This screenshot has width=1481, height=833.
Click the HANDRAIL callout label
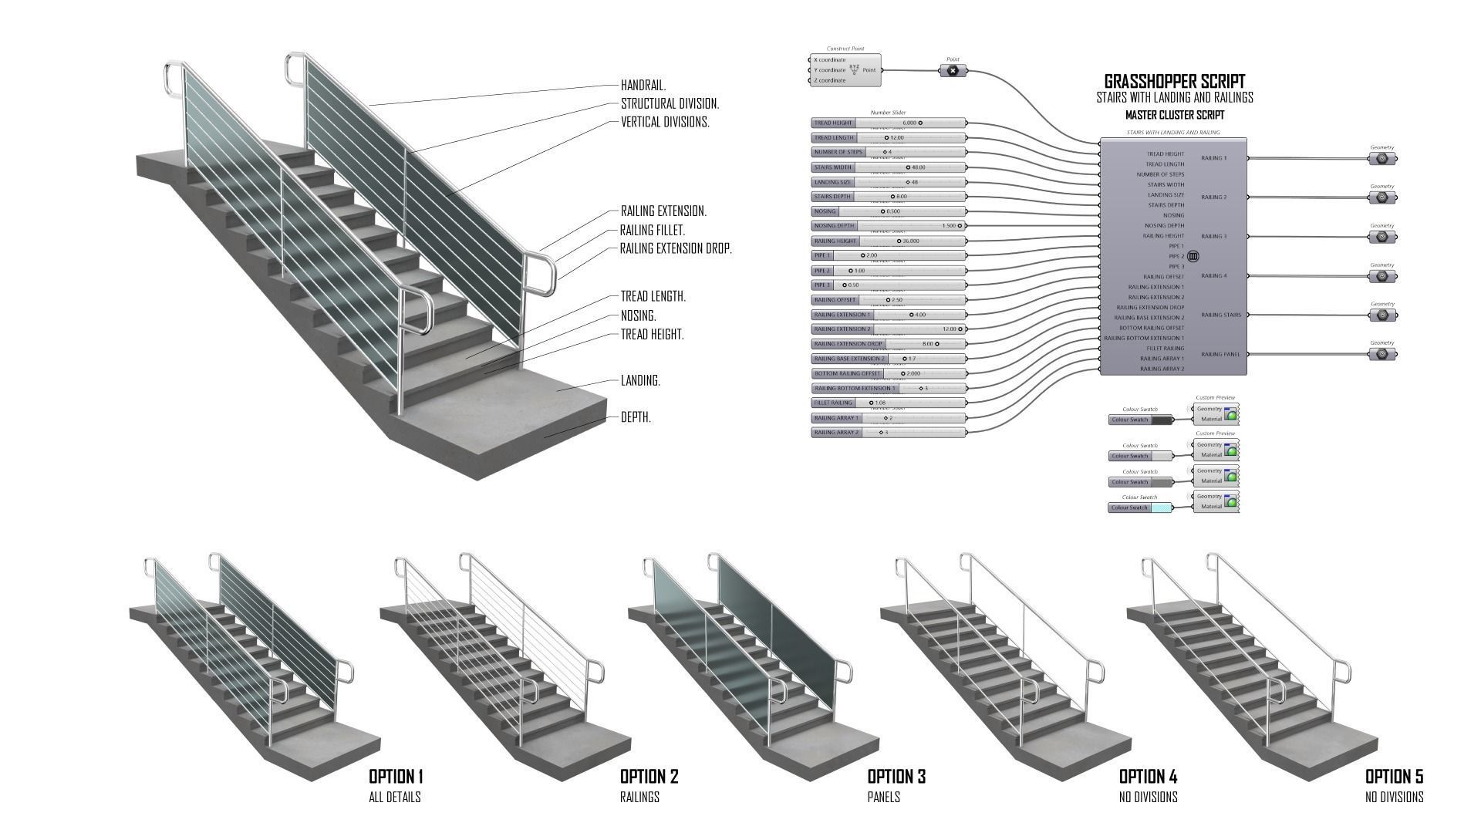click(x=643, y=86)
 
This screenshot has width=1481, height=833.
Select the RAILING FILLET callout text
click(x=653, y=230)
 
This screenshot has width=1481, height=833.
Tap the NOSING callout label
click(x=639, y=315)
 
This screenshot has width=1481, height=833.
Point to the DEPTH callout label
click(x=636, y=417)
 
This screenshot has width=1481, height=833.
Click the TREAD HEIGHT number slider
click(x=888, y=123)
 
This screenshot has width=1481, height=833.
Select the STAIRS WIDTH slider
click(x=888, y=167)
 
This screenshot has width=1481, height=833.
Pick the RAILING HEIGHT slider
click(x=888, y=241)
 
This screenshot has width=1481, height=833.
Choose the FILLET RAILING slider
click(x=888, y=403)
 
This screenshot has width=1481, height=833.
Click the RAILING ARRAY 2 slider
click(x=888, y=433)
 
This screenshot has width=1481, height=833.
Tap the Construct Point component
click(x=845, y=70)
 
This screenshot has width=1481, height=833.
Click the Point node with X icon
click(x=953, y=70)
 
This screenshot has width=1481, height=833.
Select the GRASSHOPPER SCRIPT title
click(x=1174, y=81)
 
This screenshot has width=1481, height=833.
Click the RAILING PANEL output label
click(x=1220, y=354)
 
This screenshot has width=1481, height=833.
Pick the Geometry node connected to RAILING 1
click(x=1382, y=159)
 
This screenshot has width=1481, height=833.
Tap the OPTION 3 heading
click(x=896, y=776)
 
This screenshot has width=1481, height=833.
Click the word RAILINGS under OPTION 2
click(x=639, y=797)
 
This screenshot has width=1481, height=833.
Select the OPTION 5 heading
click(x=1394, y=776)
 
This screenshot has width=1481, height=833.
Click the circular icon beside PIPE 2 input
click(x=1193, y=256)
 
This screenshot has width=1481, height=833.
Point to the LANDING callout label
click(x=640, y=380)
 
